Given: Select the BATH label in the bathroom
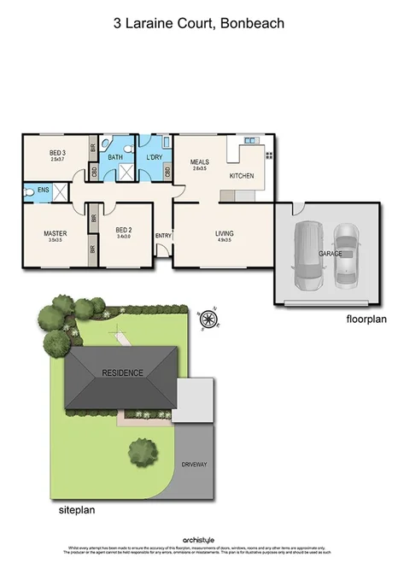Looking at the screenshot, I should click(x=114, y=157).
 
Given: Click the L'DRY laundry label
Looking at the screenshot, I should click(x=155, y=157).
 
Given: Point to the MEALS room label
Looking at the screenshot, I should click(x=200, y=163).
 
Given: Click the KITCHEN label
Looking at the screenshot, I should click(x=242, y=176).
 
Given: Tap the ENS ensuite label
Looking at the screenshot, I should click(x=42, y=191).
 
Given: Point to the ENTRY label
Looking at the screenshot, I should click(x=162, y=236).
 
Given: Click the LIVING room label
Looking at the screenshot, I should click(x=224, y=233).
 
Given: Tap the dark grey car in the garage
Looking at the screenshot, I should click(x=307, y=255).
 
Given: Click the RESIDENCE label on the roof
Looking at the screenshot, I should click(x=123, y=373).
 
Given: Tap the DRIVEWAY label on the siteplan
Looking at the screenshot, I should click(x=195, y=464).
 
